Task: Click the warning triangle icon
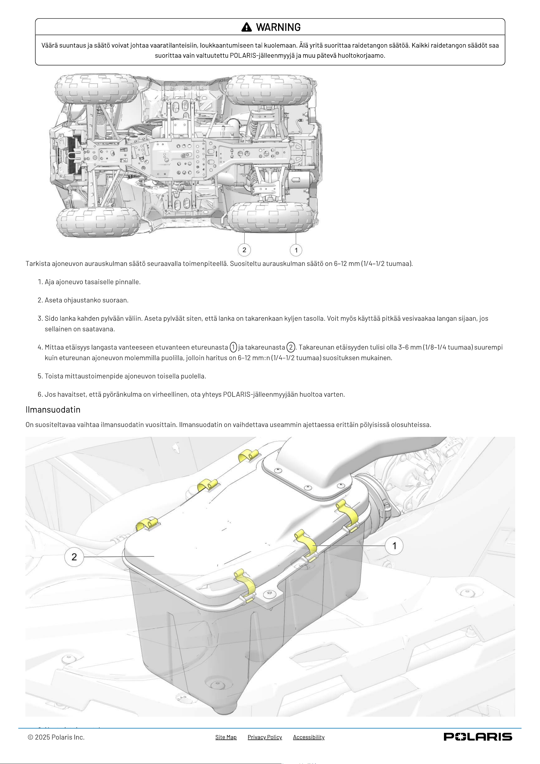pyautogui.click(x=247, y=27)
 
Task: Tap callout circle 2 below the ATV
pyautogui.click(x=244, y=250)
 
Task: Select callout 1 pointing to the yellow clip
pyautogui.click(x=394, y=546)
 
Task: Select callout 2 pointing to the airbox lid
pyautogui.click(x=74, y=557)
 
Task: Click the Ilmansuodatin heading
pyautogui.click(x=53, y=409)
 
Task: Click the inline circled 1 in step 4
pyautogui.click(x=233, y=347)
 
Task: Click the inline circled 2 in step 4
pyautogui.click(x=291, y=347)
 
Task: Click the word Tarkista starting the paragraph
pyautogui.click(x=38, y=263)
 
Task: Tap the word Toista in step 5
pyautogui.click(x=54, y=376)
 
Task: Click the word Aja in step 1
pyautogui.click(x=50, y=282)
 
